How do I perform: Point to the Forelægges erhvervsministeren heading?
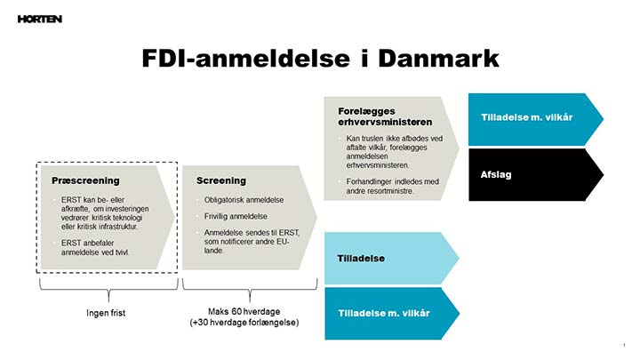point(385,116)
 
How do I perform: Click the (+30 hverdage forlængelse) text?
point(250,323)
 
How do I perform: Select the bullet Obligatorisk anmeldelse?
point(242,200)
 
